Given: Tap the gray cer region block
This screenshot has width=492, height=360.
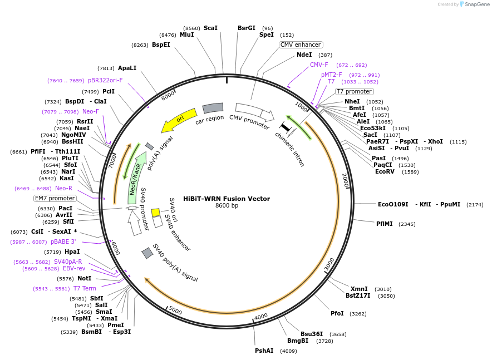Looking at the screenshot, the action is (213, 108).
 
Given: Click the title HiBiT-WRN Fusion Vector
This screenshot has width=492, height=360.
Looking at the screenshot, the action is (227, 199).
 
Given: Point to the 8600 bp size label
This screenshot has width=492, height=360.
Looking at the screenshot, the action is (227, 206).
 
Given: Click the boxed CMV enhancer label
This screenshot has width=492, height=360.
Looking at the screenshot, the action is (301, 45).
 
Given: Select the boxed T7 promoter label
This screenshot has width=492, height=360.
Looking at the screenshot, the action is (355, 92).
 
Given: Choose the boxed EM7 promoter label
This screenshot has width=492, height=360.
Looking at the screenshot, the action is (55, 198).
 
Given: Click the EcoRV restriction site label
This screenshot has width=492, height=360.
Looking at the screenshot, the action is (385, 171).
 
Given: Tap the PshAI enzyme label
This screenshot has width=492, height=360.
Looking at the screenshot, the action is (264, 351).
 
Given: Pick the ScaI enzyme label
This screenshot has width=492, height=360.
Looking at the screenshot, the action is (210, 28).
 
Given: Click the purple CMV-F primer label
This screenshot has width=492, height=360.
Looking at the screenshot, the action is (319, 65).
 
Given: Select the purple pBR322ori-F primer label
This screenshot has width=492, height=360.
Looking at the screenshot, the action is (105, 80).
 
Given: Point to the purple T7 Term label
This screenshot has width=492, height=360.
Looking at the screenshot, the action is (85, 289).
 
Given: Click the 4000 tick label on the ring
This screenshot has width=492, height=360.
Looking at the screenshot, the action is (261, 317).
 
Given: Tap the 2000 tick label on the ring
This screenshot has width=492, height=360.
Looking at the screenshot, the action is (346, 180).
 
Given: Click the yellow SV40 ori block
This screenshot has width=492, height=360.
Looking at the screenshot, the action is (156, 213).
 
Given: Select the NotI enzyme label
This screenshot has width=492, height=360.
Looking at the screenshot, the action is (85, 278).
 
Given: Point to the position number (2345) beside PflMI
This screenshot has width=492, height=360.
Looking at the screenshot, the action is (407, 224).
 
